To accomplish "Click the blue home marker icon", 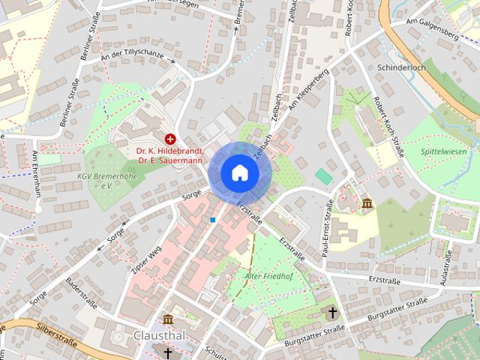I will tap(239, 172).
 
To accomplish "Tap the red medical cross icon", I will tap(170, 139).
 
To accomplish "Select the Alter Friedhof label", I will tap(268, 276).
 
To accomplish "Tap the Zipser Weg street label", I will tap(147, 259).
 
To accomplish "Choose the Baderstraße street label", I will tap(82, 293).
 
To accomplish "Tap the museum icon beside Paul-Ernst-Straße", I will tap(367, 204).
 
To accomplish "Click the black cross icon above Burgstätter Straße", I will tap(333, 313).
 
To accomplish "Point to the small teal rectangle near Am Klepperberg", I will tap(323, 176).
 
